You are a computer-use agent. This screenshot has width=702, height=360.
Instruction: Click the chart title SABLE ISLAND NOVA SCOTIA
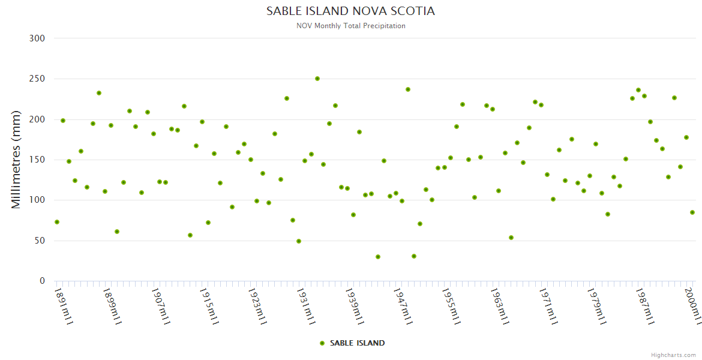point(350,11)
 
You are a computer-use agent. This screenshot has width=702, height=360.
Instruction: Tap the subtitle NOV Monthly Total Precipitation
point(350,26)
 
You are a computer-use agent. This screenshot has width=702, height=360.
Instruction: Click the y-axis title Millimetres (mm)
point(16,160)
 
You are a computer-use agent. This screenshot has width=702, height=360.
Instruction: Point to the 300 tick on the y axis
point(37,38)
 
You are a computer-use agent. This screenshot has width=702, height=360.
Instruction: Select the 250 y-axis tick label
point(37,79)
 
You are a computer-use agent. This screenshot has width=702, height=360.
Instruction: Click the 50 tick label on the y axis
point(40,241)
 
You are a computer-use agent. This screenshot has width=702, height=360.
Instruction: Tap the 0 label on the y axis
point(42,281)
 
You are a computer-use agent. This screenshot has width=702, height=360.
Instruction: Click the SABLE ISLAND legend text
point(357,343)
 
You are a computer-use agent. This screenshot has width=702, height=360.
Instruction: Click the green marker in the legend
point(322,343)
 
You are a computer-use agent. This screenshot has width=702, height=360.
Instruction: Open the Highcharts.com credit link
point(673,355)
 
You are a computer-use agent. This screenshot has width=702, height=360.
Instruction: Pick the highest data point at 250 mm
point(317,79)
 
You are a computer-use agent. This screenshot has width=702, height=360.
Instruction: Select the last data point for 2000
point(692,212)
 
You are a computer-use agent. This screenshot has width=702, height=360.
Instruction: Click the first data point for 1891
point(57,222)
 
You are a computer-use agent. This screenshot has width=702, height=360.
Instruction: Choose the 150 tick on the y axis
point(37,160)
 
